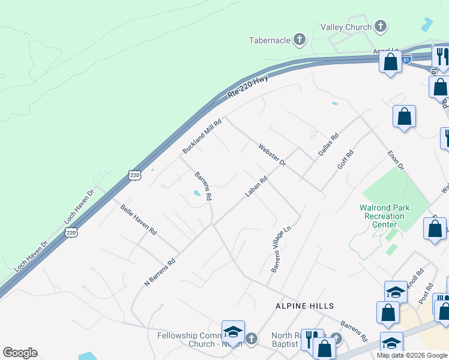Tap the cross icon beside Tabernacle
300,40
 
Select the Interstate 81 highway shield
408,59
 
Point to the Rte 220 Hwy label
247,88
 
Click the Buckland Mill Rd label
202,136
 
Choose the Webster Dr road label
273,155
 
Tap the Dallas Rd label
328,145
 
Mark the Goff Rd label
346,160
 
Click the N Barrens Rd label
160,272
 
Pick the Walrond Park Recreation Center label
385,216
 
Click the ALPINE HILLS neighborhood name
304,306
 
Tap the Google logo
20,353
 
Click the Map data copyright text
412,355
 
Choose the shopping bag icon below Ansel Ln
390,62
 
